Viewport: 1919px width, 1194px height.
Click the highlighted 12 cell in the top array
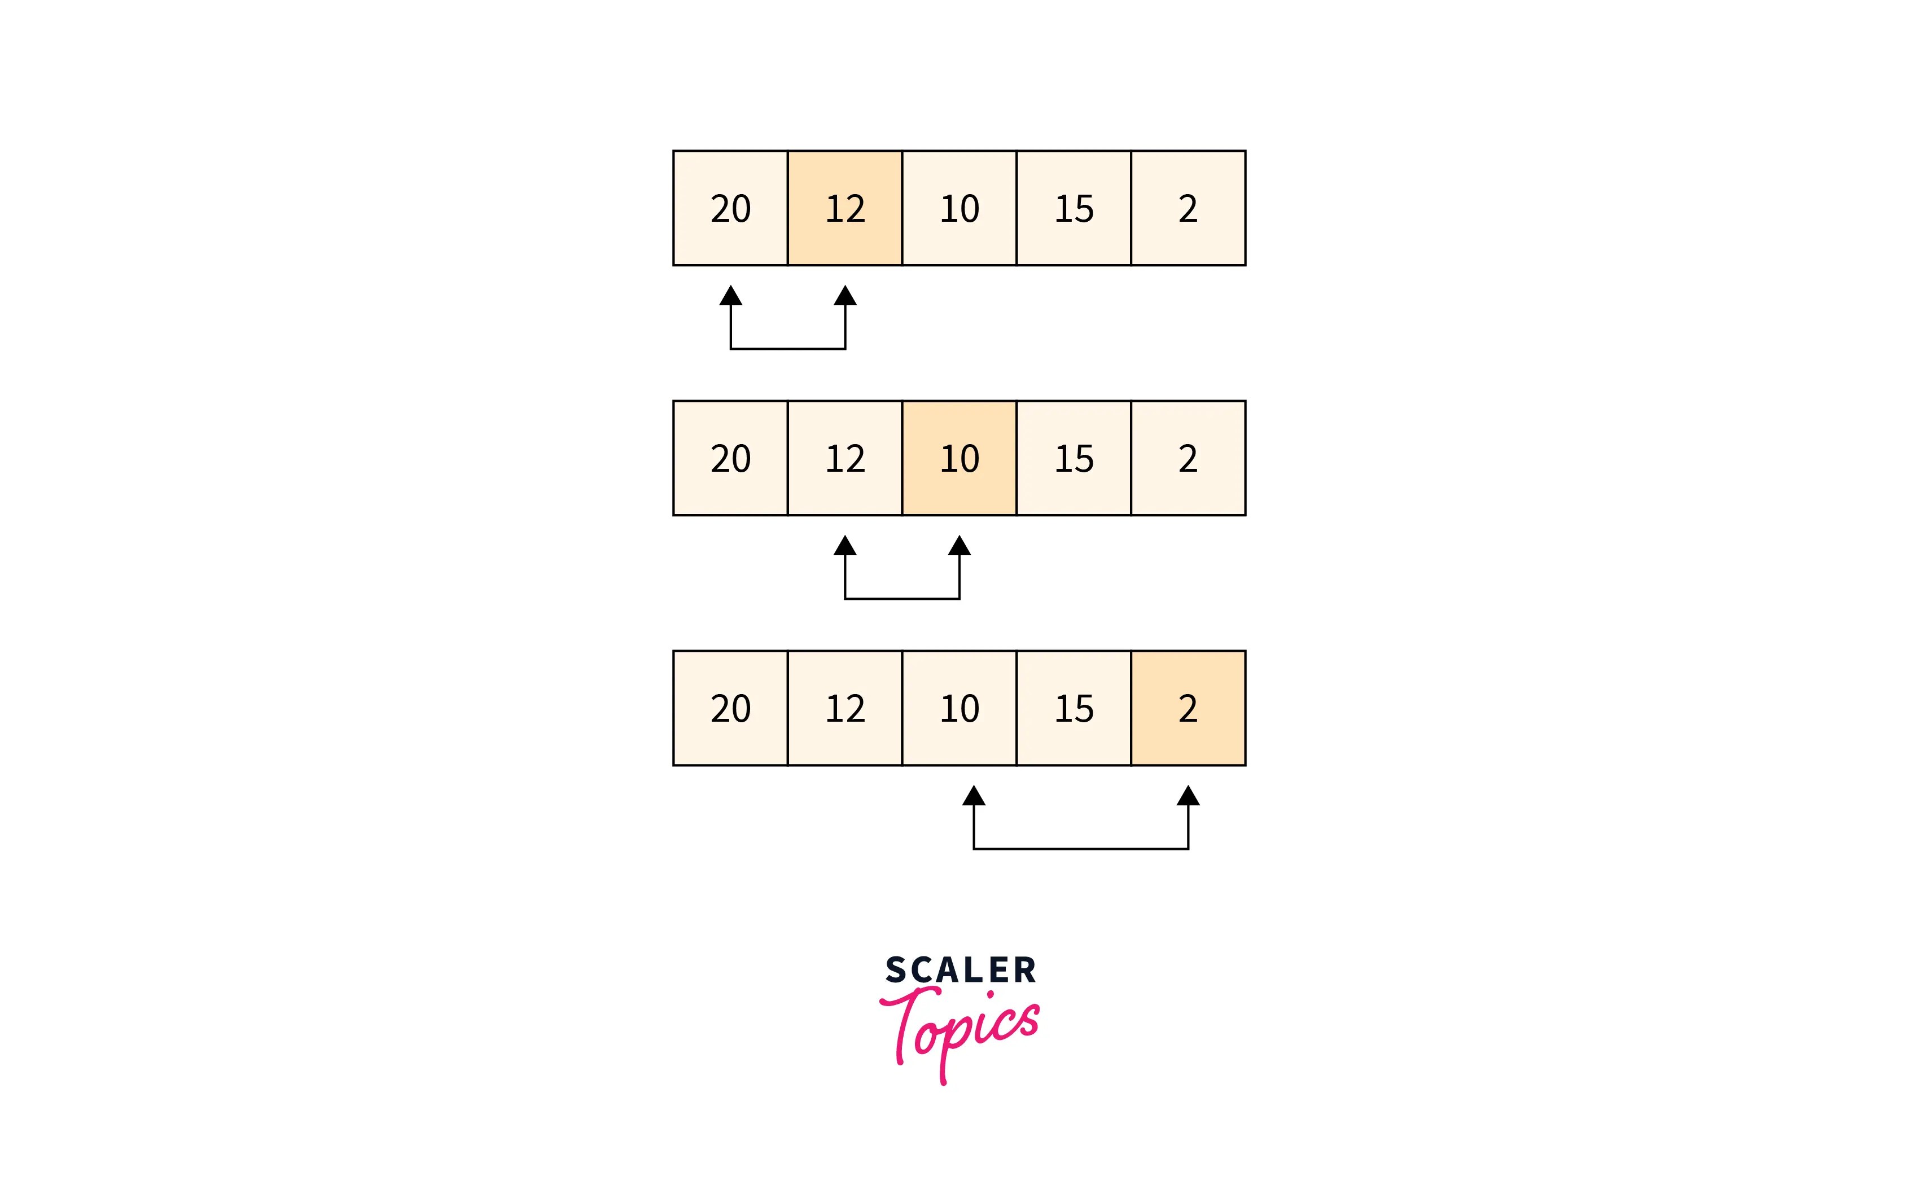click(844, 208)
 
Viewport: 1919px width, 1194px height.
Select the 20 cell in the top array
click(730, 208)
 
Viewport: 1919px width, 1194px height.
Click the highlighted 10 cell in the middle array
click(959, 458)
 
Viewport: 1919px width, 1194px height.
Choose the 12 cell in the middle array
click(844, 458)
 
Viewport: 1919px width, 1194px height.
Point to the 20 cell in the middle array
click(730, 458)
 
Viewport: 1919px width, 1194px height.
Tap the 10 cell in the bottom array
click(959, 708)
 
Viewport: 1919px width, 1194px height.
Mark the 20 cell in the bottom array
click(730, 708)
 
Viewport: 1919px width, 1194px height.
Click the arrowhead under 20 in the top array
click(730, 296)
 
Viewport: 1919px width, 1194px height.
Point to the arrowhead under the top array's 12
click(845, 296)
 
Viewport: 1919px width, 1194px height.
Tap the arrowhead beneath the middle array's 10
click(960, 546)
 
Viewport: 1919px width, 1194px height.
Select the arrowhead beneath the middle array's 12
click(845, 546)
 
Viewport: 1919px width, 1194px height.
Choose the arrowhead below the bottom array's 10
click(974, 796)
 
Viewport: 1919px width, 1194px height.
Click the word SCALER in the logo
click(960, 970)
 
